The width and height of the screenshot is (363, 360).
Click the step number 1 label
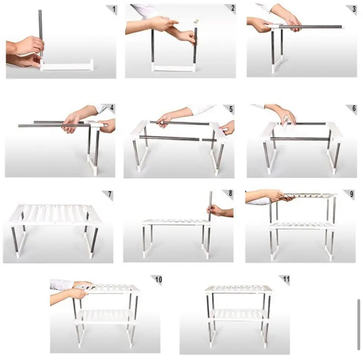[x=114, y=9]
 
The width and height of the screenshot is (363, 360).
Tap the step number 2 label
[x=233, y=8]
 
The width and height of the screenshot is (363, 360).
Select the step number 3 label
[x=354, y=9]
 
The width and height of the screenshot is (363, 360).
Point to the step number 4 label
[x=112, y=107]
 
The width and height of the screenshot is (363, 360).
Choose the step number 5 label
[x=231, y=109]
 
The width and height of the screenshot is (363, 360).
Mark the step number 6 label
[x=354, y=108]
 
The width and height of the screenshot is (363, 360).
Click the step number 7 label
[x=110, y=194]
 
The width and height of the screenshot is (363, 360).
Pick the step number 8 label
[x=230, y=193]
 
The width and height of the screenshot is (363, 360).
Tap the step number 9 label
[x=352, y=194]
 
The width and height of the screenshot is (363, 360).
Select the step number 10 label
[x=159, y=280]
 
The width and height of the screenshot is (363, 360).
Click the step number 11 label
[x=286, y=279]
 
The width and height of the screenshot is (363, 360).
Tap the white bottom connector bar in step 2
[x=174, y=68]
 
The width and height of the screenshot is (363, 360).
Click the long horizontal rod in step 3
[x=310, y=27]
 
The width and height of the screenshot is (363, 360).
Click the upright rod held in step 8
[x=210, y=206]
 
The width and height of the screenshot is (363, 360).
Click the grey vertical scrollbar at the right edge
[x=359, y=325]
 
